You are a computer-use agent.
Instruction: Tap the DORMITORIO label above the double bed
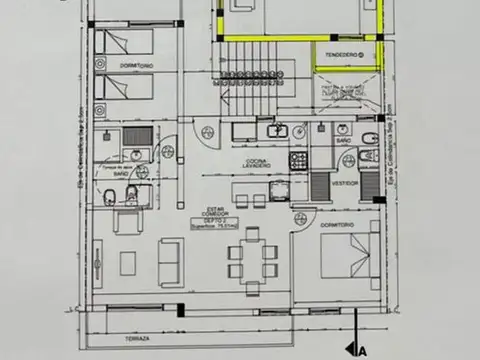335,225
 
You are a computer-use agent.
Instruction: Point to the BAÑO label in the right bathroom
342,143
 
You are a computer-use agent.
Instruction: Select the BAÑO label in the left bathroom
119,173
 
